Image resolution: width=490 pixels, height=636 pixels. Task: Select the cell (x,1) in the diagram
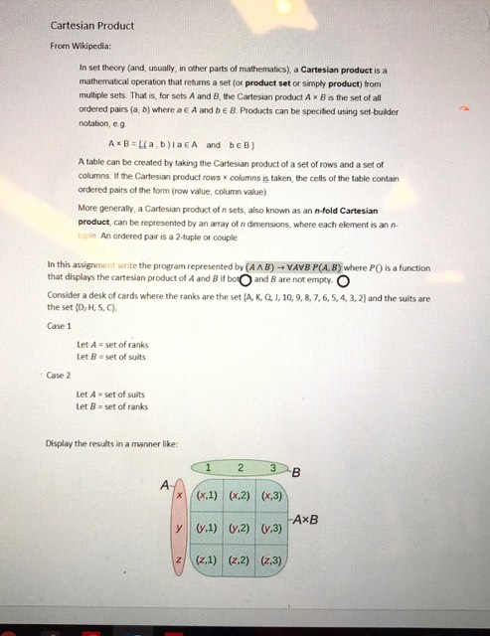(209, 495)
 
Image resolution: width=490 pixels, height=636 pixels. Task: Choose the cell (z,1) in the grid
(209, 561)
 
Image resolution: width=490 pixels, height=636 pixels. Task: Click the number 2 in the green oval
(241, 468)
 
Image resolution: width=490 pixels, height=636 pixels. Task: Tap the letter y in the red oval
(179, 528)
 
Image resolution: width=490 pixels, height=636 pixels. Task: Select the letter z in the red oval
(179, 561)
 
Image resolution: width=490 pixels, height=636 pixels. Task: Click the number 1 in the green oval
(208, 468)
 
